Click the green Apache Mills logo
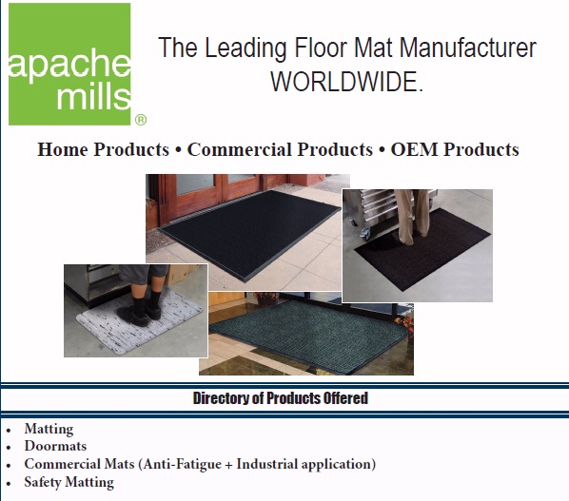coord(69,64)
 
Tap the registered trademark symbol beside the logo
coord(141,120)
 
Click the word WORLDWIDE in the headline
coord(346,82)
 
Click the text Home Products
coord(103,149)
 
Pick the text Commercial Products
coord(280,149)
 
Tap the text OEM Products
coord(455,149)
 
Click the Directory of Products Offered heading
coord(281,397)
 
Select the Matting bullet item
coord(49,429)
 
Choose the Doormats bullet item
coord(55,446)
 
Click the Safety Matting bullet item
coord(69,482)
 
